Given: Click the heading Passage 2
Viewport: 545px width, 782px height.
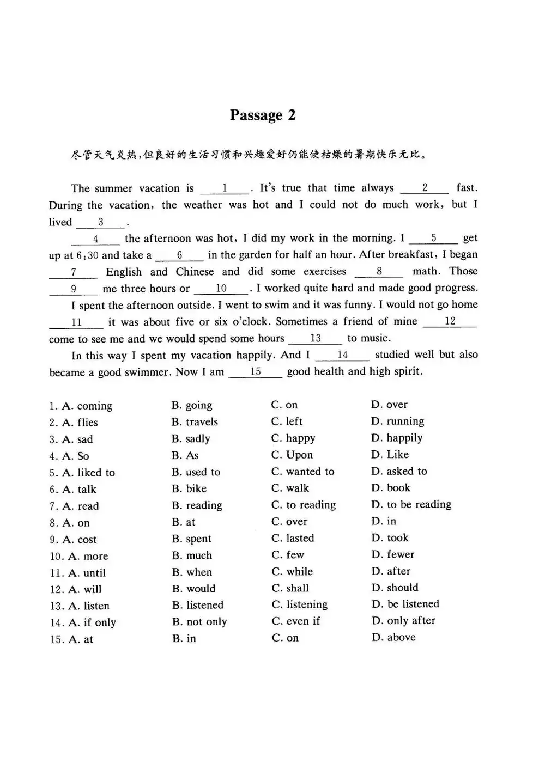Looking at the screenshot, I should point(262,115).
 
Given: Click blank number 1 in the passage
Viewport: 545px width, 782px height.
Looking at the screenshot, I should point(225,188).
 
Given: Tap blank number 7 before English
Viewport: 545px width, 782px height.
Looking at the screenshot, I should point(74,272).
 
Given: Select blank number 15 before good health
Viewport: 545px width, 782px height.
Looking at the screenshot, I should point(255,372).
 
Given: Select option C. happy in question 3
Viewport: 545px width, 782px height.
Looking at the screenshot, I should point(293,438).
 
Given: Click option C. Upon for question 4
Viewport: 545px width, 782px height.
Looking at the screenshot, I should point(292,455).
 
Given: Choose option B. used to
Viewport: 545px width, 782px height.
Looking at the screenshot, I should point(196,472).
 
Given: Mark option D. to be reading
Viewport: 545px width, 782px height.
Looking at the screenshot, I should point(411,505).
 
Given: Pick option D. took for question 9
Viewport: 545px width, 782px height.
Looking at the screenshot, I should point(390,538).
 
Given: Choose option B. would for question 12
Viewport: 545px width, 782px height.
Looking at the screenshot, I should point(193,589).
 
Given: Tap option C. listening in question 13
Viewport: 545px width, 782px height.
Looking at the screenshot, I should point(300,605).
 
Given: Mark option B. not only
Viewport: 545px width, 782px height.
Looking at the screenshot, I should point(199,622).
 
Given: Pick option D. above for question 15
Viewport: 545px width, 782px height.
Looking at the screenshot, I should point(393,637).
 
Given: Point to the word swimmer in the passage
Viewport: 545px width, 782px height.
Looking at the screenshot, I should point(142,372).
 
